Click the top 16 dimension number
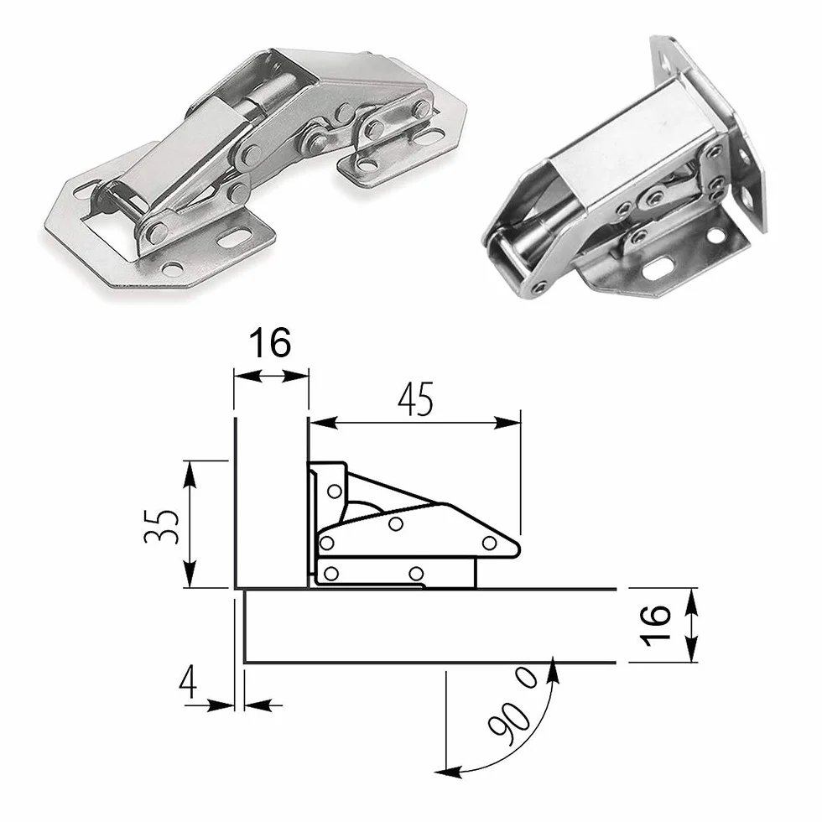click(269, 343)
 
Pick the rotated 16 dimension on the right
click(655, 626)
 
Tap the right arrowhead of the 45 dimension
click(508, 423)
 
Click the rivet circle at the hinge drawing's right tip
click(490, 544)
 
